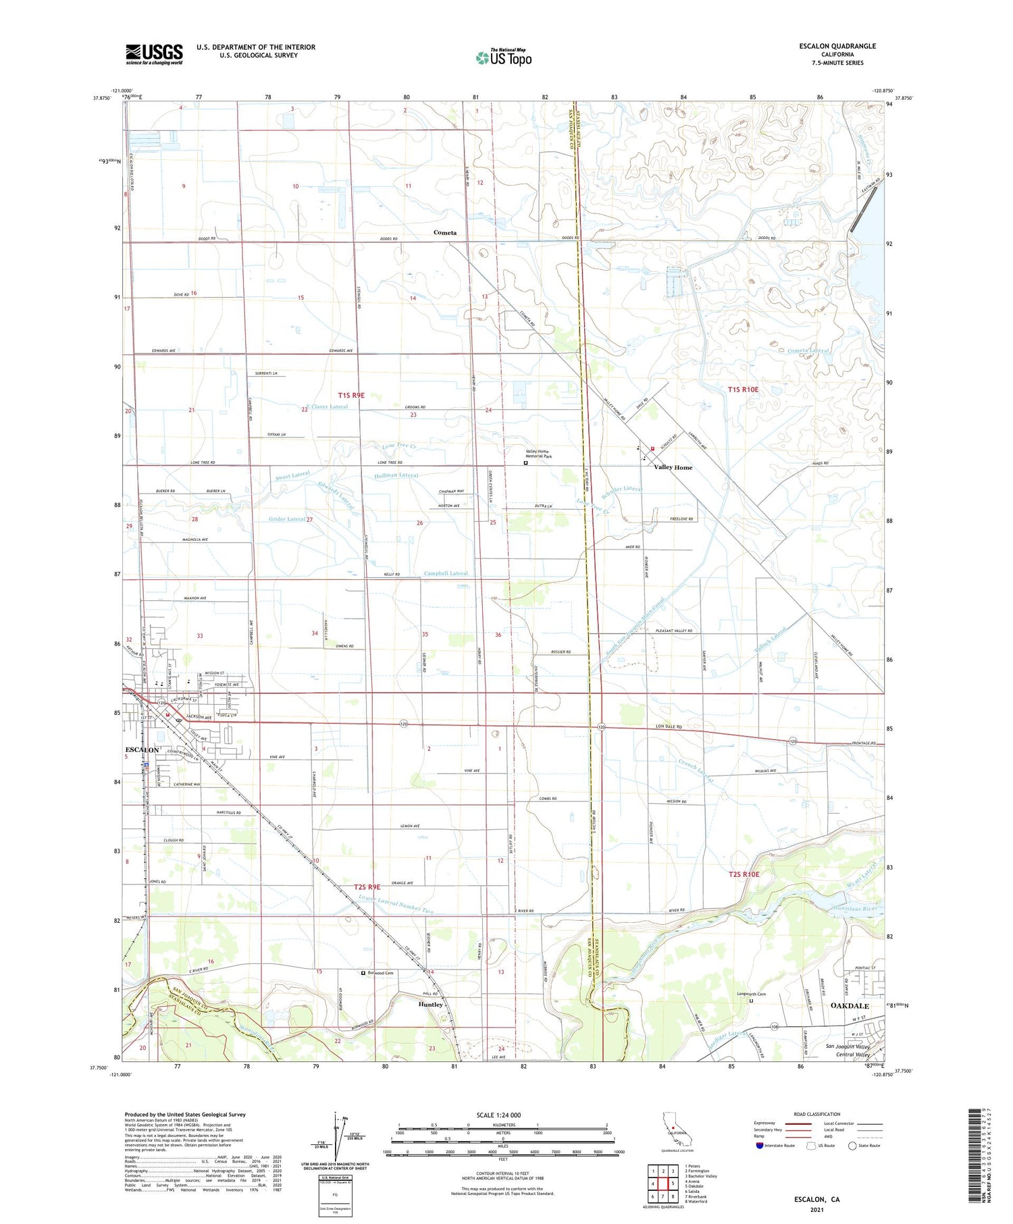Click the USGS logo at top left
(154, 54)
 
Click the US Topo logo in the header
(503, 57)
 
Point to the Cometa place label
(444, 232)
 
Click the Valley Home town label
(673, 467)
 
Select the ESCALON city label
(142, 750)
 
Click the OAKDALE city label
(849, 1005)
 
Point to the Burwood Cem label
(380, 973)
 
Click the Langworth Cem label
(751, 994)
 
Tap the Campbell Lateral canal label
(446, 573)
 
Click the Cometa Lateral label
(808, 350)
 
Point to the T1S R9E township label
(351, 395)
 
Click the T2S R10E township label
(744, 874)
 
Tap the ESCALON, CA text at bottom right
(816, 1199)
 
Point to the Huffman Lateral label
(396, 475)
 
